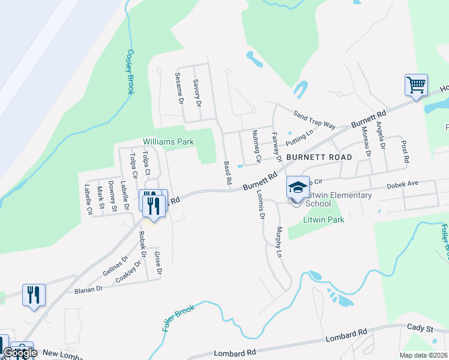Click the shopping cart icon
click(x=416, y=84)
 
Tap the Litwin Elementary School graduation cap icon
click(x=297, y=187)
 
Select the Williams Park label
click(x=169, y=142)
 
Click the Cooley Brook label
click(x=130, y=71)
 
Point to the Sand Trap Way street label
click(x=314, y=119)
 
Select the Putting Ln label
click(x=300, y=139)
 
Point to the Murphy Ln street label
click(x=279, y=242)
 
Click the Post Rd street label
click(x=405, y=153)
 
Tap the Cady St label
click(x=420, y=329)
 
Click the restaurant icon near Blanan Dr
click(x=34, y=295)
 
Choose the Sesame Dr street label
click(x=178, y=88)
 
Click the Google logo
click(x=20, y=353)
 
